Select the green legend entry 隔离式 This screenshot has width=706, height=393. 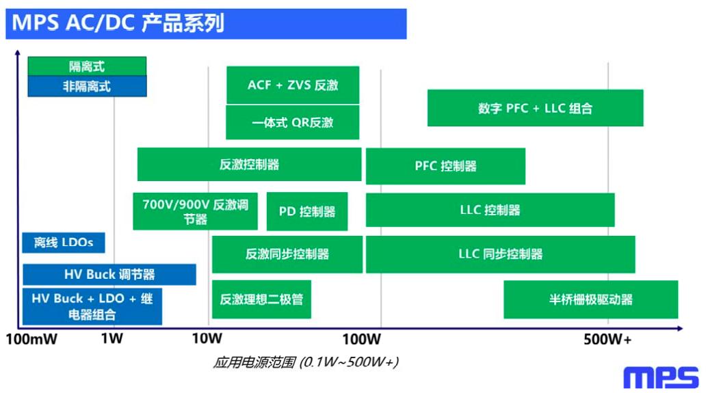[87, 66]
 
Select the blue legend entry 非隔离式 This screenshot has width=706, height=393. [87, 86]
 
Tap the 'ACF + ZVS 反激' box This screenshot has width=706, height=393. [293, 85]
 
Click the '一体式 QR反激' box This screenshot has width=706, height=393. [293, 122]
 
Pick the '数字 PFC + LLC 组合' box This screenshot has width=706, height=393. [535, 108]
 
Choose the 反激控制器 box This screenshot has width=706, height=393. [249, 165]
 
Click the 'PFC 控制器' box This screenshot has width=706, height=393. [445, 166]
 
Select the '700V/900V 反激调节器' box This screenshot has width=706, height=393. [195, 211]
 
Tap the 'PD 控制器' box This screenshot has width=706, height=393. [307, 212]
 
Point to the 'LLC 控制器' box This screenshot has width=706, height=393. [490, 210]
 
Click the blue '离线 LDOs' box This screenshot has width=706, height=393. [64, 242]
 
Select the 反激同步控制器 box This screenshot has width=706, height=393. [287, 254]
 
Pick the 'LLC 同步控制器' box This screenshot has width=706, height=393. [500, 254]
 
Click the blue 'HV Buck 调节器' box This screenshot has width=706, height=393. [109, 275]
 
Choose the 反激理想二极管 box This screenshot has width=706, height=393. [261, 299]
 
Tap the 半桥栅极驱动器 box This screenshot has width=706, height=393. [590, 299]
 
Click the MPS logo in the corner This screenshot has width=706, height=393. [661, 377]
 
